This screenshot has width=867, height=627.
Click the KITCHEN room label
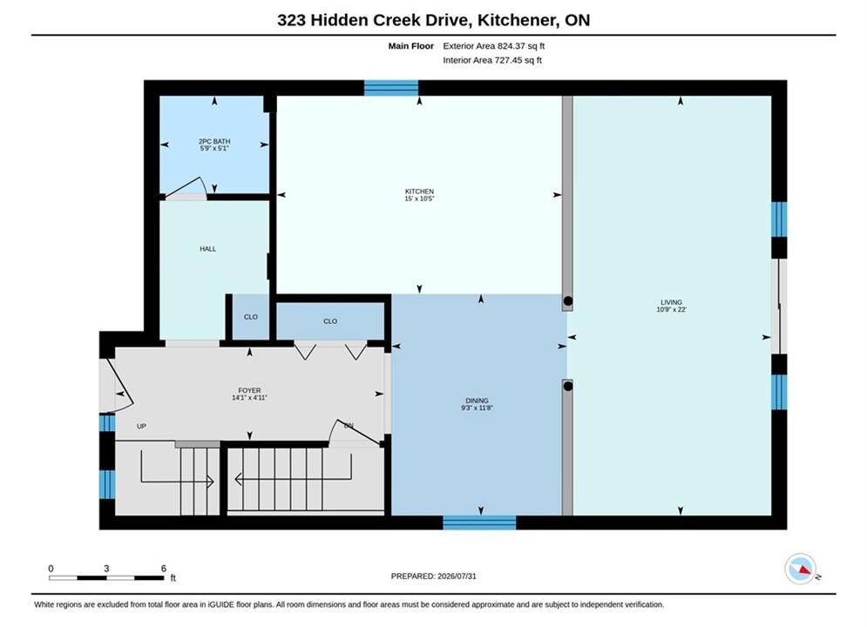coord(419,192)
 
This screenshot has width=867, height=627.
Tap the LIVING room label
coord(671,302)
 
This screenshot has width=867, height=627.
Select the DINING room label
coord(478,401)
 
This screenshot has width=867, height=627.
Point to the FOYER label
coord(249,390)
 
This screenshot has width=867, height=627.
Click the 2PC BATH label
coord(214,141)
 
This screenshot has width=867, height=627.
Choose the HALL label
coord(208,249)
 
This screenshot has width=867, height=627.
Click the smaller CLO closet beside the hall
coord(251,317)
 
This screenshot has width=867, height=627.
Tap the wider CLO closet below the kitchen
coord(330,321)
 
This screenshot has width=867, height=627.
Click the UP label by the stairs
coord(141,427)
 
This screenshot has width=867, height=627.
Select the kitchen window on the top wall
coord(391,88)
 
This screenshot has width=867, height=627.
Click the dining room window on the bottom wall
coord(479,522)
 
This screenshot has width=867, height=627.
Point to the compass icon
coord(800,569)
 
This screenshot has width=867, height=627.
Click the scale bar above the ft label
coord(106,578)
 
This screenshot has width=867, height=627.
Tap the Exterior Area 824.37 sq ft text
coord(494,46)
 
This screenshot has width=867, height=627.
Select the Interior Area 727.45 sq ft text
coord(492,60)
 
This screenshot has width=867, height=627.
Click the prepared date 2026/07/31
coord(457,576)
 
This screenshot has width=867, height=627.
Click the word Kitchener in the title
coord(517,20)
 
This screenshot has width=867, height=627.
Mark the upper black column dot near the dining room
coord(568,301)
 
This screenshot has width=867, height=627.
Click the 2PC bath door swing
coord(186,187)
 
